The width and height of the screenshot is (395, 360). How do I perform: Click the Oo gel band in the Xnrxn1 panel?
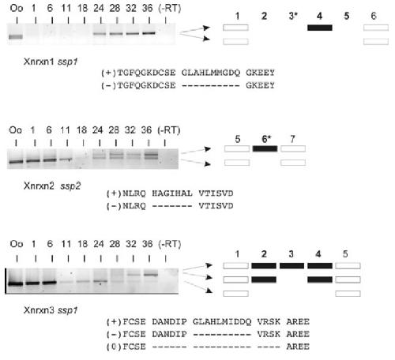coord(16,36)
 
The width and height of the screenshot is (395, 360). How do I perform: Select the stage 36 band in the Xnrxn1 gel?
coord(149,33)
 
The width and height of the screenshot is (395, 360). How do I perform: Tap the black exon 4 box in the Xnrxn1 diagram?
coord(320,28)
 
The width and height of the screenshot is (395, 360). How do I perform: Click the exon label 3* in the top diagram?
coord(293,16)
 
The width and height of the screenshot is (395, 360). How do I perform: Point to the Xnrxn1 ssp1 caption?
coord(51,62)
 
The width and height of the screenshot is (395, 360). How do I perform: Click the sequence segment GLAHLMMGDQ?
coord(211,73)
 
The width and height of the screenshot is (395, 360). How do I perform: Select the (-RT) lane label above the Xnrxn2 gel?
coord(169,130)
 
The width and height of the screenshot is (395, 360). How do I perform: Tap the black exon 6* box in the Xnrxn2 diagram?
coord(265,148)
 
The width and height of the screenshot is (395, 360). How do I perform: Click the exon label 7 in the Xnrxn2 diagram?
coord(292,139)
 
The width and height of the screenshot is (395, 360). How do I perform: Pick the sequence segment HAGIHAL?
coord(172,193)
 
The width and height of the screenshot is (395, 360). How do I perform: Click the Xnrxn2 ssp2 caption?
coord(52,186)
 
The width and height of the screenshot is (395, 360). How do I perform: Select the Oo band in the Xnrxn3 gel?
coord(16,283)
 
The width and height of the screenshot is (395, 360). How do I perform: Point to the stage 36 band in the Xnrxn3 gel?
coord(151,275)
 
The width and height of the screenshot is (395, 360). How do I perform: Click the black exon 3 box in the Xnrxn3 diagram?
coord(292,266)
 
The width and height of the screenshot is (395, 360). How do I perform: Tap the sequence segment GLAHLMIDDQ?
coord(222,321)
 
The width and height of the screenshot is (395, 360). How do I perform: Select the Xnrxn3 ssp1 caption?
coord(51,310)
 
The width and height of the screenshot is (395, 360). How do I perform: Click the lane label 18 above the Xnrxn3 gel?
coord(82,244)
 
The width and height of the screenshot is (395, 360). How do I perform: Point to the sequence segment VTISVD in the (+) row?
coord(216,193)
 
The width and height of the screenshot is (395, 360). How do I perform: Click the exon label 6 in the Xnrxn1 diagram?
coord(374,16)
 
